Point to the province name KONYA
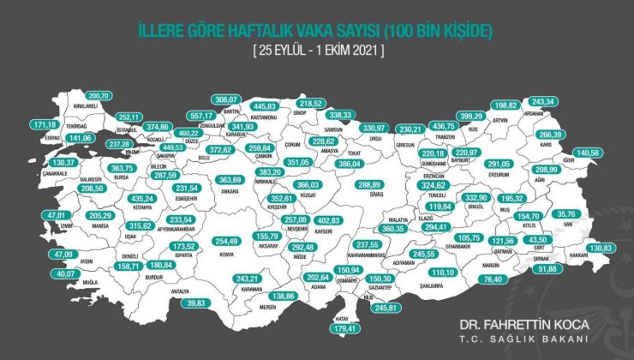[227, 253]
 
